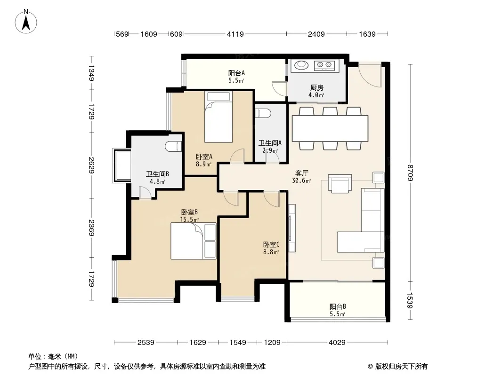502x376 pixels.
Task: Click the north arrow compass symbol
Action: (x=26, y=22)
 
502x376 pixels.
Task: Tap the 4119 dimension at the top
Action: (x=235, y=34)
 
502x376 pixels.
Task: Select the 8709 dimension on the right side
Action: (x=411, y=172)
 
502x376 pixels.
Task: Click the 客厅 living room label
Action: (x=301, y=173)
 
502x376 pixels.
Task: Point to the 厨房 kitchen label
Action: (x=316, y=87)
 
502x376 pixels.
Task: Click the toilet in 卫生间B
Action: (x=173, y=146)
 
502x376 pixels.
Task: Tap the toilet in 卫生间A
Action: (x=264, y=113)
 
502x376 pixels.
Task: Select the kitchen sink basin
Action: (x=301, y=65)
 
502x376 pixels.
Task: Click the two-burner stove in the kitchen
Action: (x=324, y=65)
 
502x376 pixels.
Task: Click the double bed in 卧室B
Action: (x=194, y=241)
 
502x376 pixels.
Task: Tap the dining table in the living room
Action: (x=330, y=128)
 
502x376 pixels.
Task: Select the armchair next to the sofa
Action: (x=340, y=183)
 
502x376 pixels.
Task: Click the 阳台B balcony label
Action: (x=338, y=307)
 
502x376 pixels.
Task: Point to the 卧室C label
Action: (x=271, y=245)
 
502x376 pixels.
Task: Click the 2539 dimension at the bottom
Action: (x=146, y=343)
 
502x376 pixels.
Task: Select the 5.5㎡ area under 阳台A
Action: (x=236, y=80)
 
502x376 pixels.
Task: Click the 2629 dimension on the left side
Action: (x=92, y=165)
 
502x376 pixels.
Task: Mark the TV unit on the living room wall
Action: (x=291, y=228)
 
